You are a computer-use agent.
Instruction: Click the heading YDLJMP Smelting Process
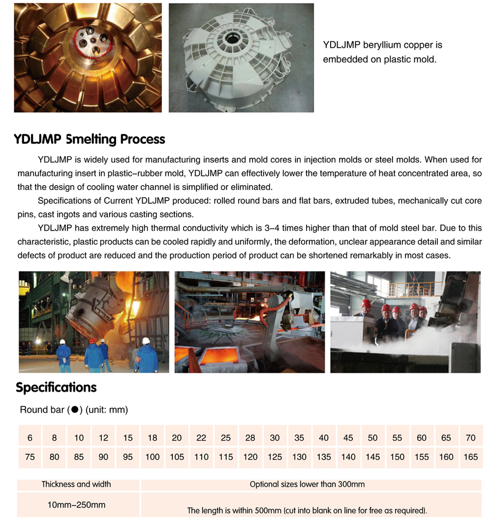point(89,139)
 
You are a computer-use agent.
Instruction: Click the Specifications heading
point(56,388)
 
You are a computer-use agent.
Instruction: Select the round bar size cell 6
point(30,438)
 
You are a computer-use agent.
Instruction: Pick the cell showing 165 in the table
point(471,457)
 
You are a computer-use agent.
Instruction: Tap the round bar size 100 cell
point(153,457)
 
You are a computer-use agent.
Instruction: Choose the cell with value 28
point(250,438)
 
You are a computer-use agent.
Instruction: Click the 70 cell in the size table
point(471,438)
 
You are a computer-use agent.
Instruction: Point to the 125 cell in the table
point(275,457)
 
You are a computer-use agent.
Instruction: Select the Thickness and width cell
point(76,484)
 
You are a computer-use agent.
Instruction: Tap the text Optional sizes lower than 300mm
point(307,484)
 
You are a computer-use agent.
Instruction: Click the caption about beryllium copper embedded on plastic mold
point(382,52)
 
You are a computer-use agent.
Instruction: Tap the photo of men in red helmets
point(405,322)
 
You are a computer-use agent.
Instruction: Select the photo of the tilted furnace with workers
point(93,322)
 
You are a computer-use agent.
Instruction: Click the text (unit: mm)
point(107,410)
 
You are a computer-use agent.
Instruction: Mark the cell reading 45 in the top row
point(348,438)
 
